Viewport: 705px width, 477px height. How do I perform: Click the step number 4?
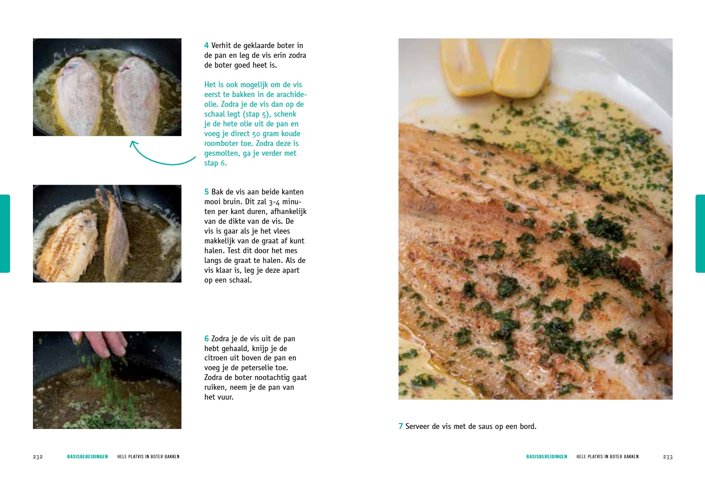point(207,46)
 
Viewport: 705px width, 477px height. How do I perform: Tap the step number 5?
point(207,192)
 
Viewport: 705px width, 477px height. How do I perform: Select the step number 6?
point(207,339)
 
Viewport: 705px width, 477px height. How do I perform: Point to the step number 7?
point(401,426)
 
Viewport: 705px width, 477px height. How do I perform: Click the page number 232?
point(38,457)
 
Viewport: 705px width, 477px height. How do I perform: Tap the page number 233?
point(668,457)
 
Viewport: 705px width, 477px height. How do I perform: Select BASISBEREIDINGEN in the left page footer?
point(88,457)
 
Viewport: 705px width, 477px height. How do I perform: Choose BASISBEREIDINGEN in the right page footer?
point(547,457)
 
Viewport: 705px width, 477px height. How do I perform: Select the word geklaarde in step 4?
point(250,46)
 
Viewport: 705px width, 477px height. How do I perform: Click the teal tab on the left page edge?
point(5,234)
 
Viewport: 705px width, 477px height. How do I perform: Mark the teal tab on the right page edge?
point(700,234)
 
